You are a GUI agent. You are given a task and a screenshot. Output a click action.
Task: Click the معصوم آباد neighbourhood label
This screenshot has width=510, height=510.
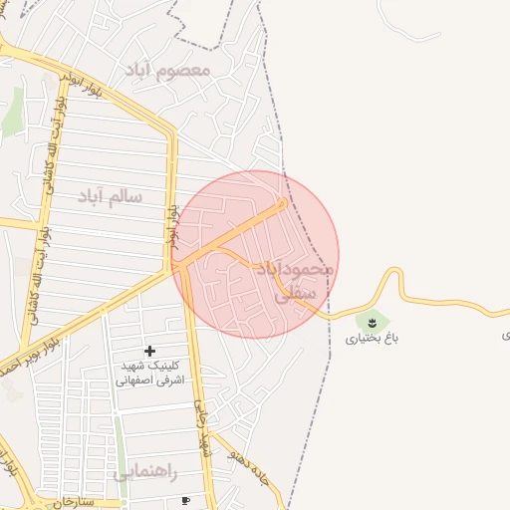pyautogui.click(x=165, y=71)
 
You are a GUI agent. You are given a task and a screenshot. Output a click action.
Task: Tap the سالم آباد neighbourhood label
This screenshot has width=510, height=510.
pyautogui.click(x=110, y=196)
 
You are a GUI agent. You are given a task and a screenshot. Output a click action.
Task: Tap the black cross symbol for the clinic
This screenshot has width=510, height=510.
pyautogui.click(x=149, y=351)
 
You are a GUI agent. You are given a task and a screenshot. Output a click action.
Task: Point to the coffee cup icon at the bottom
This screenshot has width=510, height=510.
pyautogui.click(x=185, y=500)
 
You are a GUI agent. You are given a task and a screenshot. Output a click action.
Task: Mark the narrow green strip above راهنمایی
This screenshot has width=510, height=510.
pyautogui.click(x=119, y=443)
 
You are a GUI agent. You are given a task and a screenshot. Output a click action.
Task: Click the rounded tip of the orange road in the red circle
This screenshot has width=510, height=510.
pyautogui.click(x=282, y=204)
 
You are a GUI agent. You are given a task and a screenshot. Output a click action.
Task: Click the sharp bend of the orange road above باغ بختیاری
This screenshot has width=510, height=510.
pyautogui.click(x=397, y=271)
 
